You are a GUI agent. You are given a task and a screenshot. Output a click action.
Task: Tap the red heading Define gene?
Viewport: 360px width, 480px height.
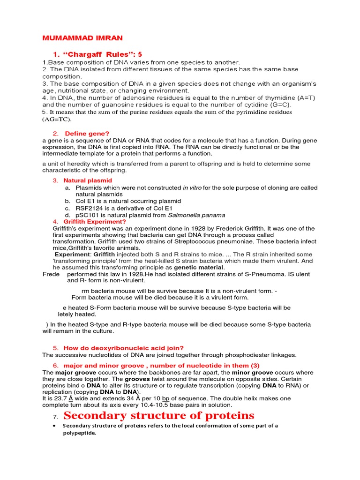pyautogui.click(x=87, y=134)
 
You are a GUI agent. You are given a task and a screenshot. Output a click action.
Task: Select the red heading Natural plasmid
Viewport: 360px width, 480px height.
pyautogui.click(x=88, y=180)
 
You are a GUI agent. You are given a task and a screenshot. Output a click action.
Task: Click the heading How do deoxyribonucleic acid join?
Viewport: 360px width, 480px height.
pyautogui.click(x=124, y=348)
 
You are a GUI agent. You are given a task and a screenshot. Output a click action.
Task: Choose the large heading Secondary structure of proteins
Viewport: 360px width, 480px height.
pyautogui.click(x=158, y=415)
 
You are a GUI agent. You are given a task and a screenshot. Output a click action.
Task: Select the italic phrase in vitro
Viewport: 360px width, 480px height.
pyautogui.click(x=192, y=187)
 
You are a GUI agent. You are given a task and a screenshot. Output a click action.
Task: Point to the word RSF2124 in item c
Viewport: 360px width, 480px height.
pyautogui.click(x=89, y=208)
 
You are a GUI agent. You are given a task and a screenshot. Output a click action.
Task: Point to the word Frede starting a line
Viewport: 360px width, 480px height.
pyautogui.click(x=52, y=274)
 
